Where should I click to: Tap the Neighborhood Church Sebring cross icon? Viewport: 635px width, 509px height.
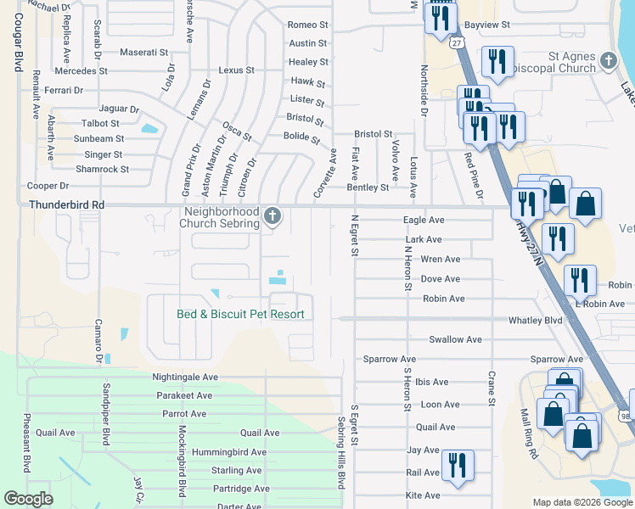click(273, 216)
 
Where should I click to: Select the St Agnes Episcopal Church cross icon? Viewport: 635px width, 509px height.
click(608, 60)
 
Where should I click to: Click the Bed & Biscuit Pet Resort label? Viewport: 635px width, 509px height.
click(240, 314)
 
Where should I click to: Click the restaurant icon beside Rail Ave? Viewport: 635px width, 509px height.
click(458, 466)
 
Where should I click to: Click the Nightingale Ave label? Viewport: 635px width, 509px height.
click(185, 377)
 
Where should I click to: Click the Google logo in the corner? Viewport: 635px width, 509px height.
click(28, 499)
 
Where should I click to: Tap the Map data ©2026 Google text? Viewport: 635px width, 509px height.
click(582, 502)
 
